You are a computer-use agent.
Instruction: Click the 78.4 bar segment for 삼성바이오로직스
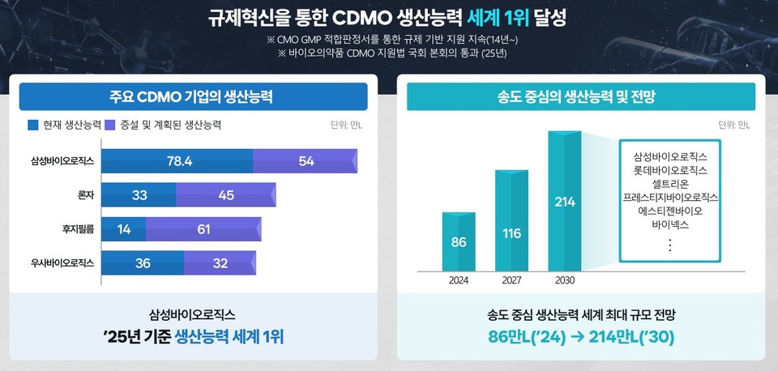(177, 161)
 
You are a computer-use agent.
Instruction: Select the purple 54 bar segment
(305, 161)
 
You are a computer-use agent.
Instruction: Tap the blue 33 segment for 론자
(139, 195)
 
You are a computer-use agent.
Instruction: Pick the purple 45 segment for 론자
(225, 195)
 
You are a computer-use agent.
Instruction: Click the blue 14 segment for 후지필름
(124, 229)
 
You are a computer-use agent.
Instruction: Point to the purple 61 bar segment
(203, 229)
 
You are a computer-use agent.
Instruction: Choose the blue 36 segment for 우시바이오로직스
(143, 263)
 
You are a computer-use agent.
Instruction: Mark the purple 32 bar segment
(220, 263)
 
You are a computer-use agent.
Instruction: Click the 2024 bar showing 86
(458, 241)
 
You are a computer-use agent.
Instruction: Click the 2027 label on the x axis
(511, 281)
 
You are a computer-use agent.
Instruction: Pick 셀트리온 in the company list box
(670, 184)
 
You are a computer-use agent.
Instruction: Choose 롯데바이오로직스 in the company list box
(670, 170)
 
